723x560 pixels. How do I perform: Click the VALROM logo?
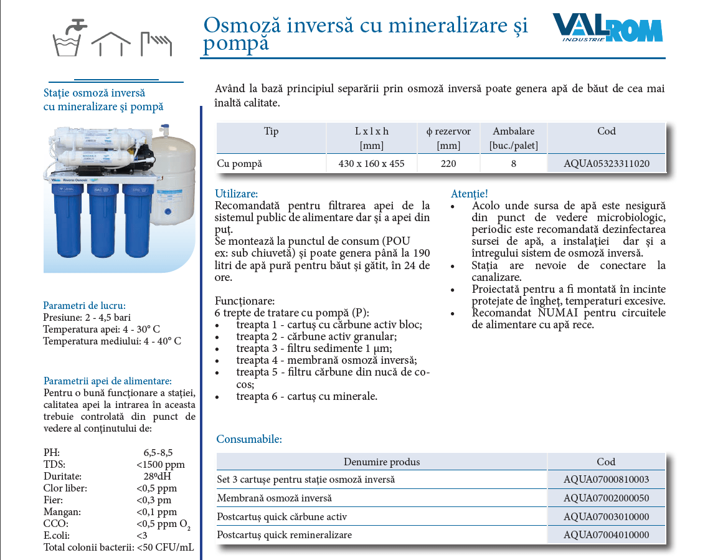coord(607,29)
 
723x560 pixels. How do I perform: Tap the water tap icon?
coord(69,37)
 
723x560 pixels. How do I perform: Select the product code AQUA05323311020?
coord(606,164)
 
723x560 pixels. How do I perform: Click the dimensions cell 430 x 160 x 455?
coord(372,164)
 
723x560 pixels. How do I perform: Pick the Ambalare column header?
coord(513,138)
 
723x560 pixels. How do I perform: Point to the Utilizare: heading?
coord(236,194)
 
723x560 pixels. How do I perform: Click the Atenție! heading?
coord(469,194)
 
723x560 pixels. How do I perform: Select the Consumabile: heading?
coord(249,439)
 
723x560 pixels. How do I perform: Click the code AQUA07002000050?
coord(606,498)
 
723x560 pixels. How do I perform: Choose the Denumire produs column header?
coord(382,462)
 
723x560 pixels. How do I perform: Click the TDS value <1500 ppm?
coord(160,465)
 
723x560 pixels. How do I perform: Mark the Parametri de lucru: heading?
coord(84,305)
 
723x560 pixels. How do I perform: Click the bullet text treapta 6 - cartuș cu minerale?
coord(306,396)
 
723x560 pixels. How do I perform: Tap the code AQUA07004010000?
coord(606,535)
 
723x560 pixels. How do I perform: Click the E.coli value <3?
coord(142,536)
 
